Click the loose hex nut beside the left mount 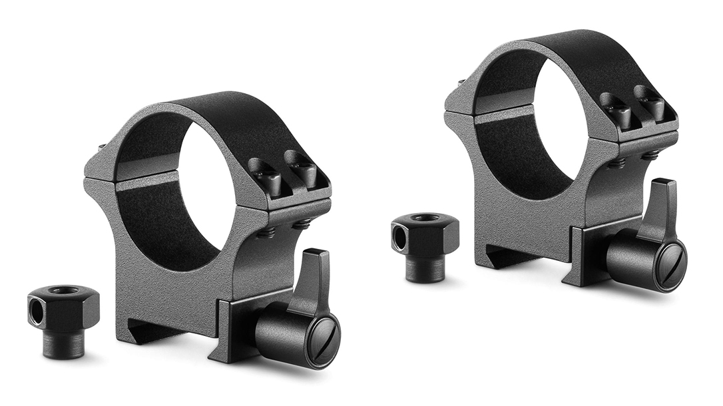[63, 307]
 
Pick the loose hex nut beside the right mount [425, 234]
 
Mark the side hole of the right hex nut [397, 236]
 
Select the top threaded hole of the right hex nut [425, 218]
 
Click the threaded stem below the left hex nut [65, 344]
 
